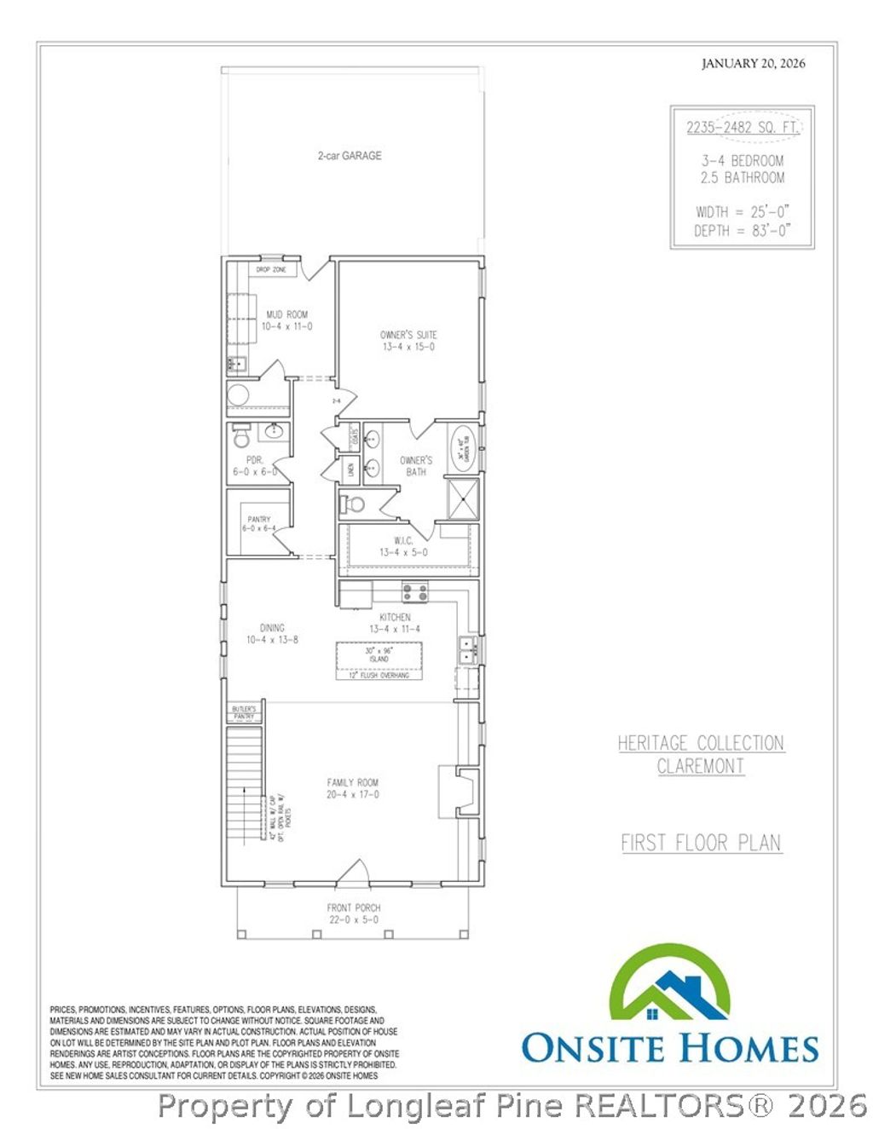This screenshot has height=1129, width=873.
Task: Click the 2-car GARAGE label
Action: click(x=350, y=156)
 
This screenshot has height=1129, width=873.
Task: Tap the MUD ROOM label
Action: click(x=286, y=320)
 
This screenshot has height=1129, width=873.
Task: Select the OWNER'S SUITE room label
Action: click(x=408, y=340)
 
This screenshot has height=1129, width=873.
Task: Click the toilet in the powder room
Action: click(x=241, y=438)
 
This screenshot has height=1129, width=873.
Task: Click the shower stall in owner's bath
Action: click(x=463, y=499)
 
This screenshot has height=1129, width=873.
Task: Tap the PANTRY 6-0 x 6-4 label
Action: click(x=258, y=523)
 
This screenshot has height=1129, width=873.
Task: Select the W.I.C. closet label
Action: click(x=403, y=546)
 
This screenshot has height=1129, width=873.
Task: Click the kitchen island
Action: click(x=379, y=655)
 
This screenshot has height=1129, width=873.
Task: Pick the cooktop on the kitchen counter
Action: click(x=415, y=590)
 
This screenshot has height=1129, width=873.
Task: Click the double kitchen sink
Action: click(x=466, y=649)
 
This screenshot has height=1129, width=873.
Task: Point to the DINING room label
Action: click(x=272, y=633)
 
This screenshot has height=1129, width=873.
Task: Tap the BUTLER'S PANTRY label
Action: click(x=244, y=712)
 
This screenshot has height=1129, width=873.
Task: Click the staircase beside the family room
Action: click(x=244, y=782)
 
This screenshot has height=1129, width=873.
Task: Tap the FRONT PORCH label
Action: click(x=354, y=913)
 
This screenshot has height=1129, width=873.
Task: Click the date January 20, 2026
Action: click(x=753, y=63)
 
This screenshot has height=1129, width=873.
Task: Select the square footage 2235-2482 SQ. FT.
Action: click(x=742, y=128)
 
